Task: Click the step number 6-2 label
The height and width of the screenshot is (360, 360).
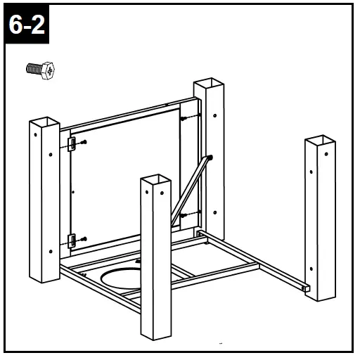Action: pos(27,25)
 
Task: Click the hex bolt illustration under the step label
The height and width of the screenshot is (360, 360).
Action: pos(40,70)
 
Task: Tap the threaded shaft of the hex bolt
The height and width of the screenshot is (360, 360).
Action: pos(34,69)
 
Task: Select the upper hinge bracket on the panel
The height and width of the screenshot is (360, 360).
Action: pos(72,144)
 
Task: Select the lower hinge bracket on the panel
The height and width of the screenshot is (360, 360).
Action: pos(72,241)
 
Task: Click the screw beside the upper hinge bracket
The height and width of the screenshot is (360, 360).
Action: pos(84,142)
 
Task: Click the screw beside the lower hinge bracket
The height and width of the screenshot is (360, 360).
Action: pos(84,239)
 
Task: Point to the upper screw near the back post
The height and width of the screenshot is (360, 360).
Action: pos(184,119)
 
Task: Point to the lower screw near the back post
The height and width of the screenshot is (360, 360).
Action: pos(184,215)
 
